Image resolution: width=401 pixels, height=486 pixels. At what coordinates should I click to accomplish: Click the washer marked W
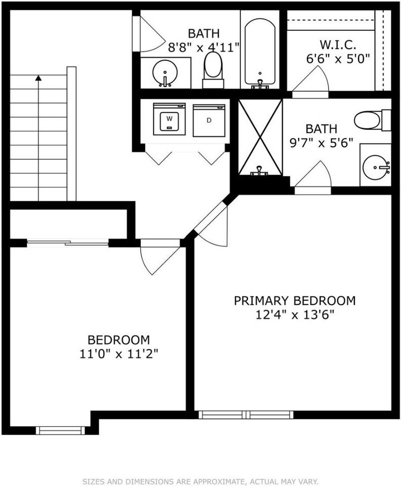(169, 119)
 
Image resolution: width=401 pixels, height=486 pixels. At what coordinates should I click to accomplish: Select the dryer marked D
(209, 120)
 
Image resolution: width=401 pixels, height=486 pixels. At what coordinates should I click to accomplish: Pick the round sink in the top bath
(165, 73)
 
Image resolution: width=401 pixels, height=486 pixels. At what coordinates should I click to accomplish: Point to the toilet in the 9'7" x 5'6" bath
(370, 120)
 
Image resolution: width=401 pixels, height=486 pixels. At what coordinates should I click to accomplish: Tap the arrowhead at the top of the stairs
(38, 78)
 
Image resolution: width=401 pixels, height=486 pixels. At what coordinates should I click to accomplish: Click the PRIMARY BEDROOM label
(294, 300)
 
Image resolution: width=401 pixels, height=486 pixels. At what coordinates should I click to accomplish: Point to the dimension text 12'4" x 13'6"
(294, 314)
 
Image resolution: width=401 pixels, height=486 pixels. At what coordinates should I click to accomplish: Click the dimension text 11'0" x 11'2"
(118, 353)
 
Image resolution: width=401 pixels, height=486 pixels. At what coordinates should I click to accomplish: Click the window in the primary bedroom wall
(246, 415)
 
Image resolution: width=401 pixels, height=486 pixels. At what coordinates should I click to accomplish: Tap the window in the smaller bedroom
(60, 430)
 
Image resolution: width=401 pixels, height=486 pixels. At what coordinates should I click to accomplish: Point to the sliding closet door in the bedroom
(67, 242)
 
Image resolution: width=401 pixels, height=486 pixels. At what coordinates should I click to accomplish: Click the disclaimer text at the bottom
(200, 481)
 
